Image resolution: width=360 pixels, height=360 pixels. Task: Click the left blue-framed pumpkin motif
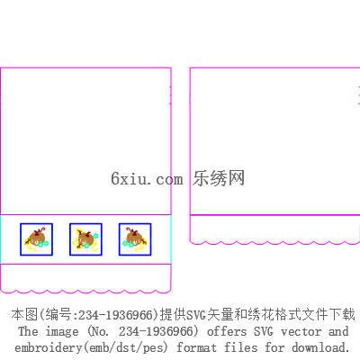click(37, 239)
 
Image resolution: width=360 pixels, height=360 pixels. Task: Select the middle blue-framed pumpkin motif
click(85, 239)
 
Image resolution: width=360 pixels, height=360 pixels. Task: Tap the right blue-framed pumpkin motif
click(135, 239)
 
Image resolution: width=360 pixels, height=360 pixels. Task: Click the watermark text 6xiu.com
click(147, 178)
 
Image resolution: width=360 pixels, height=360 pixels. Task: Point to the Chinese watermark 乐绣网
click(219, 178)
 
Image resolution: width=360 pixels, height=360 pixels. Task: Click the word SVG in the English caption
click(264, 331)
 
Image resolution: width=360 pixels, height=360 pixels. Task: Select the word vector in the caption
click(301, 332)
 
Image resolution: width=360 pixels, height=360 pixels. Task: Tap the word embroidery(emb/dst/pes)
click(91, 348)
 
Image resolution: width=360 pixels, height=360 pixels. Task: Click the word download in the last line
click(321, 347)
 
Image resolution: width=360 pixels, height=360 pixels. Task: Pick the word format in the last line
click(196, 347)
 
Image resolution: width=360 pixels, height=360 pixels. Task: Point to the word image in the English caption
click(62, 332)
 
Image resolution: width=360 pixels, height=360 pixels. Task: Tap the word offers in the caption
click(227, 331)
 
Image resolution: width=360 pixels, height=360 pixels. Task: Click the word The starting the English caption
click(28, 331)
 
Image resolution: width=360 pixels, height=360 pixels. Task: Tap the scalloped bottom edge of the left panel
click(85, 292)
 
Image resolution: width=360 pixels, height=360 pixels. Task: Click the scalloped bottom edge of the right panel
click(274, 242)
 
